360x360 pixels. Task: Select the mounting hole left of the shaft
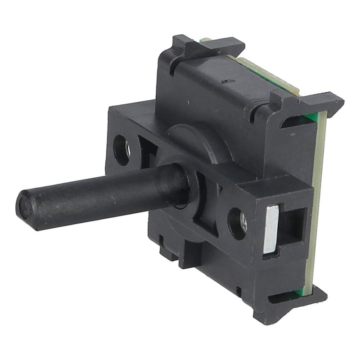pyautogui.click(x=122, y=148)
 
